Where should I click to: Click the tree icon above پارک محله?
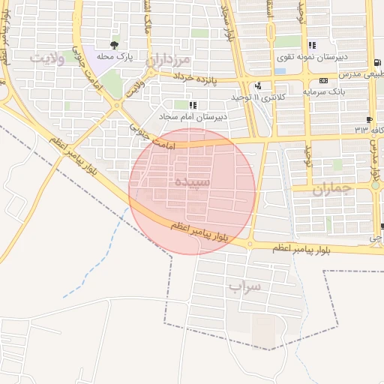[x=115, y=45]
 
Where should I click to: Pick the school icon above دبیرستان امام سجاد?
[x=193, y=105]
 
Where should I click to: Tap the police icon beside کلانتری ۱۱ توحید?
[x=257, y=85]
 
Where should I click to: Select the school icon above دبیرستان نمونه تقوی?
[x=312, y=45]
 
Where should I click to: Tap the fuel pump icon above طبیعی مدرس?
[x=373, y=63]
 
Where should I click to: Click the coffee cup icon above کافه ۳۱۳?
[x=369, y=119]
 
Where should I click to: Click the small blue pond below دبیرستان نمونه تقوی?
[x=279, y=71]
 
